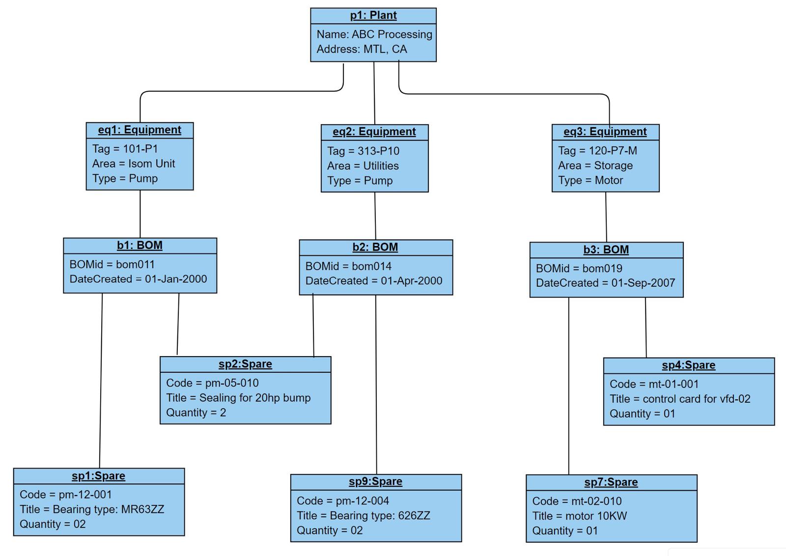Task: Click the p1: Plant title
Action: [x=373, y=15]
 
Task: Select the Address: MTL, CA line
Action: [x=362, y=49]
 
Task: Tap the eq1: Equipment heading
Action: [x=140, y=130]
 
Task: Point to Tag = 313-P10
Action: [x=363, y=151]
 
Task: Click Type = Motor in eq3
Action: [x=590, y=180]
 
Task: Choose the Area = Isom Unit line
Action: [x=134, y=164]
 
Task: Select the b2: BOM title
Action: [x=375, y=247]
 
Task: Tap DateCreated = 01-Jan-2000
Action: [x=138, y=279]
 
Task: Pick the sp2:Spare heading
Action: [x=245, y=364]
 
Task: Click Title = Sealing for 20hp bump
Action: [x=238, y=398]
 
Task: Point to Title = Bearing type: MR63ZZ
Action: [x=92, y=509]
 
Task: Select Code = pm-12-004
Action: [x=343, y=500]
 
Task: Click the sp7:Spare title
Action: [x=611, y=482]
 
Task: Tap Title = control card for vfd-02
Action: [x=680, y=399]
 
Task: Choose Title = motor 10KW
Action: [x=580, y=516]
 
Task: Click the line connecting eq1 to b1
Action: [x=140, y=214]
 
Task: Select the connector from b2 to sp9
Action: [x=376, y=383]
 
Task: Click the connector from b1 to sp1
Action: [x=101, y=381]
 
